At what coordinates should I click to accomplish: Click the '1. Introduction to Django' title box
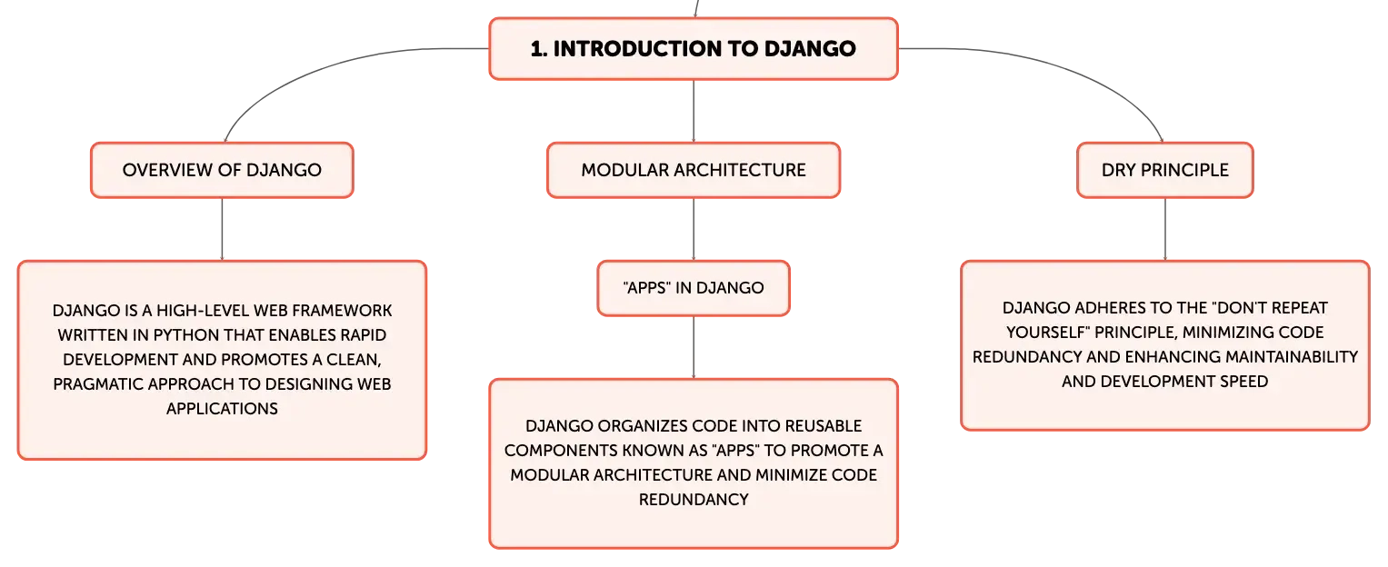[x=694, y=48]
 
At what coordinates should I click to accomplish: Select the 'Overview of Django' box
[x=222, y=170]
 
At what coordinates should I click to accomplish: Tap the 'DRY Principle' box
[x=1165, y=170]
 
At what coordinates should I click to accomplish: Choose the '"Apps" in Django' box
[x=694, y=288]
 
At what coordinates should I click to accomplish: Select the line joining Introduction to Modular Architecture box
[x=694, y=111]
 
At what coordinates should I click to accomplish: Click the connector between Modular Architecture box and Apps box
[x=694, y=229]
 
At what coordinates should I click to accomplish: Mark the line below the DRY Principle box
[x=1165, y=229]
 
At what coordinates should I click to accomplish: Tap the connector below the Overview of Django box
[x=222, y=229]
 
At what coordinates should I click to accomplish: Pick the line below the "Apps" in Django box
[x=694, y=348]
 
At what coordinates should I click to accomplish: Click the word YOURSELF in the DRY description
[x=1047, y=333]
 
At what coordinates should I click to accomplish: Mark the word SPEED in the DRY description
[x=1243, y=382]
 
